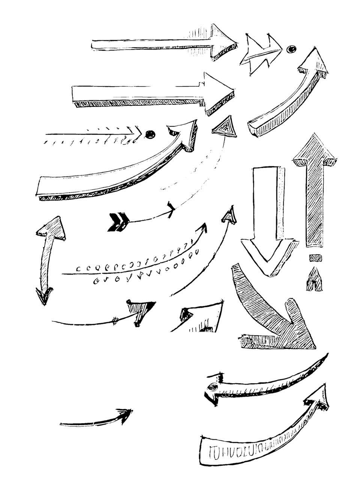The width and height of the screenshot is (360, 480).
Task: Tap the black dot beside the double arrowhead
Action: [291, 49]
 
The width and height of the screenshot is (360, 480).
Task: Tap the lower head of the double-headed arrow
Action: [43, 296]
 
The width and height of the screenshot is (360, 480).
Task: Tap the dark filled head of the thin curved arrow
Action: [141, 310]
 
